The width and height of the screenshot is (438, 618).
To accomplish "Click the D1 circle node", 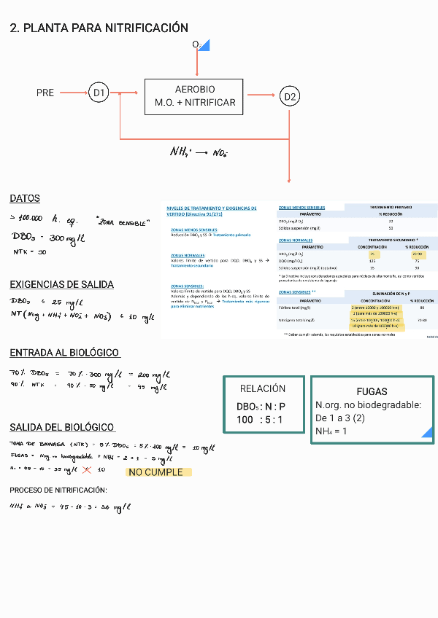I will click(x=99, y=93).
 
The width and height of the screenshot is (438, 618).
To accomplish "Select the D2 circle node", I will click(x=290, y=96).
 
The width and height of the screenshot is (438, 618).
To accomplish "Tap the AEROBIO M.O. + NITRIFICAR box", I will click(x=194, y=95).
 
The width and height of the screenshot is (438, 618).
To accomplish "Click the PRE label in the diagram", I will click(x=45, y=93).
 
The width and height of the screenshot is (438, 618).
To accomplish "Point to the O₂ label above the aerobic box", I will click(x=196, y=45).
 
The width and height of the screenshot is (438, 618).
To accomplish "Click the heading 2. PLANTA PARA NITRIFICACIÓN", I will click(x=99, y=28).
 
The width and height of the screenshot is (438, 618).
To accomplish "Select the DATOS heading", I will click(x=25, y=198).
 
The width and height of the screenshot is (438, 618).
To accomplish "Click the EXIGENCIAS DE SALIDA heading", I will click(x=61, y=284).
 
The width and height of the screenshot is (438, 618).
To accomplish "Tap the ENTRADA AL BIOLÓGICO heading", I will click(x=64, y=353).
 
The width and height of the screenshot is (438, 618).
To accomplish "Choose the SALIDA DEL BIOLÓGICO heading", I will click(x=62, y=427).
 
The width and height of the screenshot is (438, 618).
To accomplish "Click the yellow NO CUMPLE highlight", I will click(x=158, y=472).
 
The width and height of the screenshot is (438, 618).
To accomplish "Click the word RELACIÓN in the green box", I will click(x=262, y=388).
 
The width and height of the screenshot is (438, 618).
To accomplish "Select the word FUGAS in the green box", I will click(x=372, y=391).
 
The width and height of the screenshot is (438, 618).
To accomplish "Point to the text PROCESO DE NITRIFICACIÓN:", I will click(x=58, y=490).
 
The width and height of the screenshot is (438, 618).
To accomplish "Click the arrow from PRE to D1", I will click(x=73, y=93).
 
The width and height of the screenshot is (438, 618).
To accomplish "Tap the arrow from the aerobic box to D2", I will click(x=261, y=94).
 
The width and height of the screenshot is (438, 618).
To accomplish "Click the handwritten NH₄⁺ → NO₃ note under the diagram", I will click(x=198, y=152).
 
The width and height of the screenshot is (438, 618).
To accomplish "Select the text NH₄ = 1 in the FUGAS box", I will click(x=331, y=431).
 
